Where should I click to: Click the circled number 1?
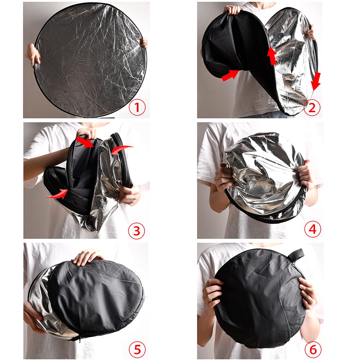click(137, 108)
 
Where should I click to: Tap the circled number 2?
click(312, 108)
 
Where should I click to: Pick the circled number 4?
click(312, 229)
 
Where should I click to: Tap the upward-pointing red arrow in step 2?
click(272, 56)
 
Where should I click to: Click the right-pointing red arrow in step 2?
click(230, 75)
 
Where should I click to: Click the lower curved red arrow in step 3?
click(57, 195)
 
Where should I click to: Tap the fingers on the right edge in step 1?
click(144, 43)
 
